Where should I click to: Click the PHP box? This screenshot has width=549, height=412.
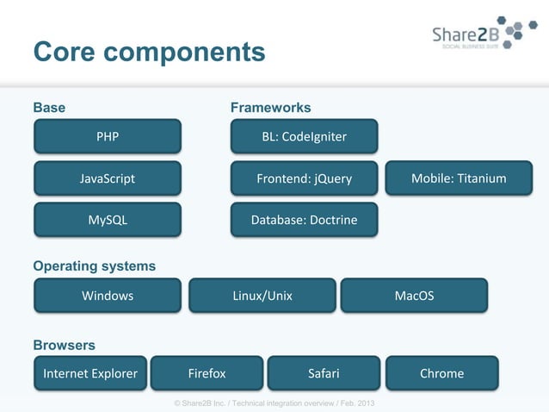click(108, 136)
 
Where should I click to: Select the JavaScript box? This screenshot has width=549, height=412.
click(108, 178)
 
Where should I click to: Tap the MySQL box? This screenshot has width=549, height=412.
click(108, 220)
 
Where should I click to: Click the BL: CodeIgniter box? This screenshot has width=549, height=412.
click(304, 136)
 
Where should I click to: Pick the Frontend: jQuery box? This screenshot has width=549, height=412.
click(304, 178)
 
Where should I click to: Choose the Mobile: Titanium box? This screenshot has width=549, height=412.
click(458, 178)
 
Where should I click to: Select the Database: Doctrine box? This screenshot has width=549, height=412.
click(304, 220)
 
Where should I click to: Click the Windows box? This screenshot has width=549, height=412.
click(108, 296)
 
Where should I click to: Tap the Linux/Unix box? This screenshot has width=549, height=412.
click(262, 296)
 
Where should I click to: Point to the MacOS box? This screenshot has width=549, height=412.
click(414, 296)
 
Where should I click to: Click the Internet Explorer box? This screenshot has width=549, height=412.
click(90, 373)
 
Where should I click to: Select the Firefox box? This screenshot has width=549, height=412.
click(207, 373)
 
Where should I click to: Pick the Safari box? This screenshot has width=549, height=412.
click(324, 373)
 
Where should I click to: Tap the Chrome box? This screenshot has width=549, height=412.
click(441, 373)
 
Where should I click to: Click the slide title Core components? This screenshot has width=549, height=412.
click(149, 52)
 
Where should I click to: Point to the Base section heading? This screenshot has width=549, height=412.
click(49, 108)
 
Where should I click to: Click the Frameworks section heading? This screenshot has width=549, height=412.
click(270, 108)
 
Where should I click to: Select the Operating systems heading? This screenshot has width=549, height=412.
click(95, 266)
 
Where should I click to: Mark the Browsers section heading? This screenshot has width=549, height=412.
click(64, 345)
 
